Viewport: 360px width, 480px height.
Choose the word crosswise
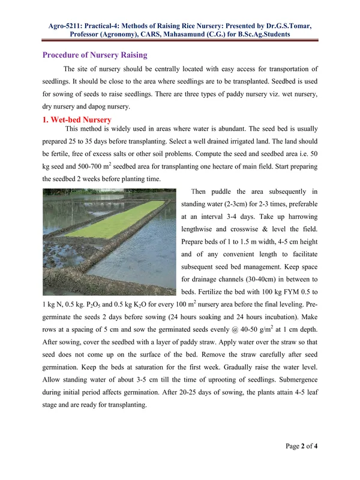256,236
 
